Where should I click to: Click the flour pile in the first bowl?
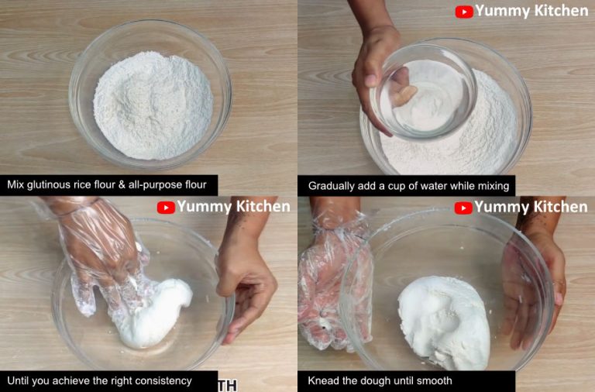[153, 105]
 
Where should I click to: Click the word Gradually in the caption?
[334, 186]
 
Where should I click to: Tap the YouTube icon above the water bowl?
[464, 12]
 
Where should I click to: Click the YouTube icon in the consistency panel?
[166, 208]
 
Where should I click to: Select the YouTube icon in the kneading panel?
[463, 208]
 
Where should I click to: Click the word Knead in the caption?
[324, 381]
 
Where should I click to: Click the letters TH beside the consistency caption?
[228, 384]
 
